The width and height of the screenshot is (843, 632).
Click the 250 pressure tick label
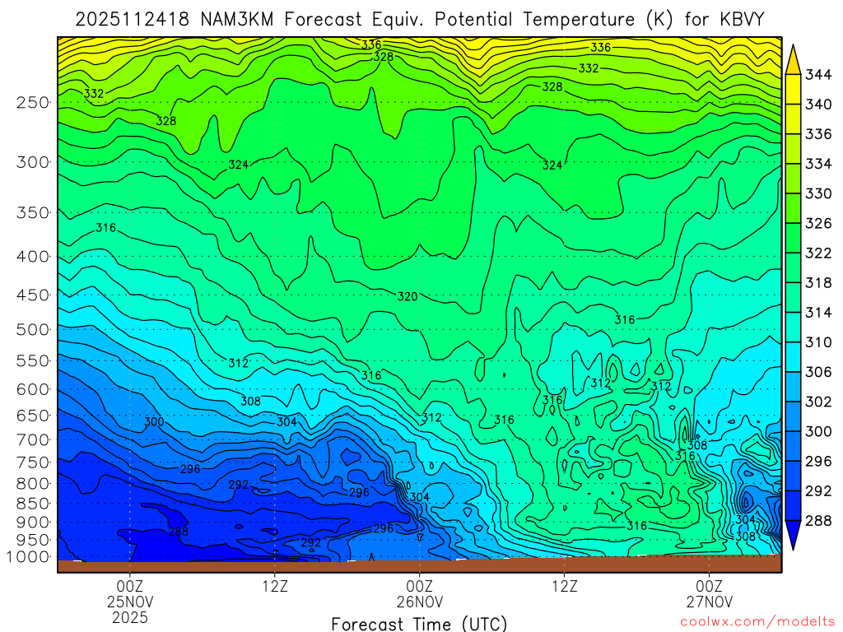click(32, 103)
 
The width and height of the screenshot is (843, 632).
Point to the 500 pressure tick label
click(32, 329)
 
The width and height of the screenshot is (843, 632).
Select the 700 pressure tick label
click(32, 439)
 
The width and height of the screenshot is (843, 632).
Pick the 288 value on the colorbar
click(819, 520)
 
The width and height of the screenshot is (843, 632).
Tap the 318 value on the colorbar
click(819, 283)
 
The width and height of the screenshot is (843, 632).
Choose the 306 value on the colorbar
click(819, 372)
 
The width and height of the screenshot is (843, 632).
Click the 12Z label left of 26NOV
click(274, 586)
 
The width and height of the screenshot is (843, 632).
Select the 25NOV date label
click(130, 602)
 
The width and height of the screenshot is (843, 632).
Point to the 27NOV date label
click(709, 602)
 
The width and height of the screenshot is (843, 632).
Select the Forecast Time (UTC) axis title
click(419, 623)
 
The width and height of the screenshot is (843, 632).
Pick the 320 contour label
click(408, 297)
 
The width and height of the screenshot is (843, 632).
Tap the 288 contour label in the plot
click(178, 532)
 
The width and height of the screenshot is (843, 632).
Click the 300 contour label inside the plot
click(154, 422)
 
